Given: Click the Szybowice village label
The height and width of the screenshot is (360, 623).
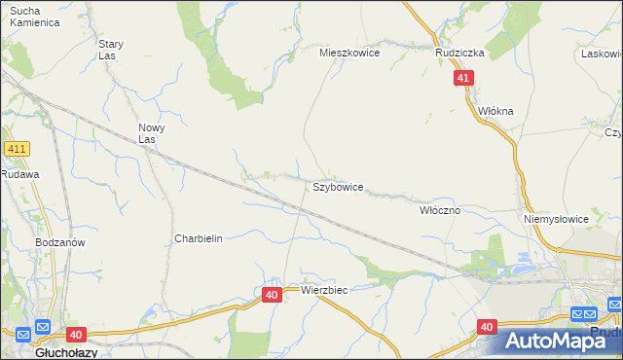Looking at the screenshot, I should click(338, 187).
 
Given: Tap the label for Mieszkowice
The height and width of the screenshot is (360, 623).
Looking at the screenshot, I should click(349, 54).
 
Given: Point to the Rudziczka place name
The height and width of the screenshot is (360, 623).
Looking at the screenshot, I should click(459, 54).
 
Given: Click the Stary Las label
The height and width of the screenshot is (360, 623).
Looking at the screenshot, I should click(111, 50).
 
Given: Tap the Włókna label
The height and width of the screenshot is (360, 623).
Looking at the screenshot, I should click(495, 112).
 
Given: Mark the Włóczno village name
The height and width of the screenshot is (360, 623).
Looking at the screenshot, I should click(439, 210).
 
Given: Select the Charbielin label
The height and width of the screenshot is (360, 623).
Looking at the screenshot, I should click(199, 238).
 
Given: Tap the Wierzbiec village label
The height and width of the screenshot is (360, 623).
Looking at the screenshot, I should click(324, 290).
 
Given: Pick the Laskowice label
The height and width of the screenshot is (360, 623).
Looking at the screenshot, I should click(602, 54).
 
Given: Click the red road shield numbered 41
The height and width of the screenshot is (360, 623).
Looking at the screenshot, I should click(463, 78).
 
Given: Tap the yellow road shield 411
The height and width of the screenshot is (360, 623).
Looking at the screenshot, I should click(17, 149).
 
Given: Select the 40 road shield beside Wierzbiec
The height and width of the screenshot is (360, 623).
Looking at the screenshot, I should click(272, 294).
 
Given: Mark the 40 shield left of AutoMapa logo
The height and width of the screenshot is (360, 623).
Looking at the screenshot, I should click(488, 328).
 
